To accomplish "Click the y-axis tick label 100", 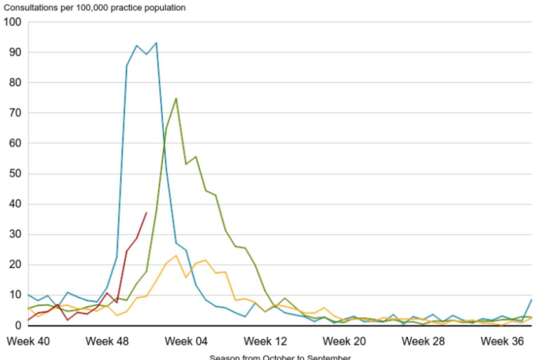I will coord(13,22).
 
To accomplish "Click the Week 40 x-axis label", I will coord(28,342).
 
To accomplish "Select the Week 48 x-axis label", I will coord(107,342).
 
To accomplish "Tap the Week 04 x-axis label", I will coord(186,342).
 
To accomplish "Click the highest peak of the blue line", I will coord(156,43).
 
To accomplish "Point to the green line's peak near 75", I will coord(176,98).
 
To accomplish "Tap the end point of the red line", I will coord(146,213).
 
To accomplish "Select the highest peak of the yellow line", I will coord(176,255).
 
